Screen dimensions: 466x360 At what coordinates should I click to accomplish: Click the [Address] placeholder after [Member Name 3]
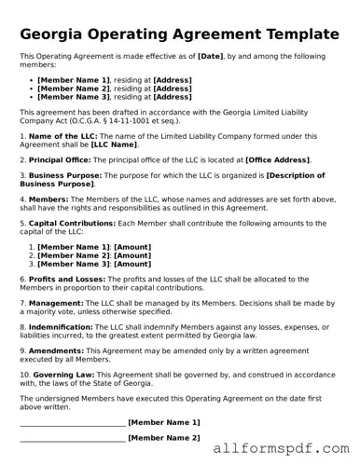coord(173,96)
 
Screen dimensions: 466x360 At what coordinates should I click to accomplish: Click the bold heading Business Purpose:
coord(62,175)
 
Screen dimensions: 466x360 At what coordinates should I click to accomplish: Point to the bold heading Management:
coord(56,303)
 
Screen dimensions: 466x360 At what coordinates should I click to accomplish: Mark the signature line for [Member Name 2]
coord(72,438)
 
